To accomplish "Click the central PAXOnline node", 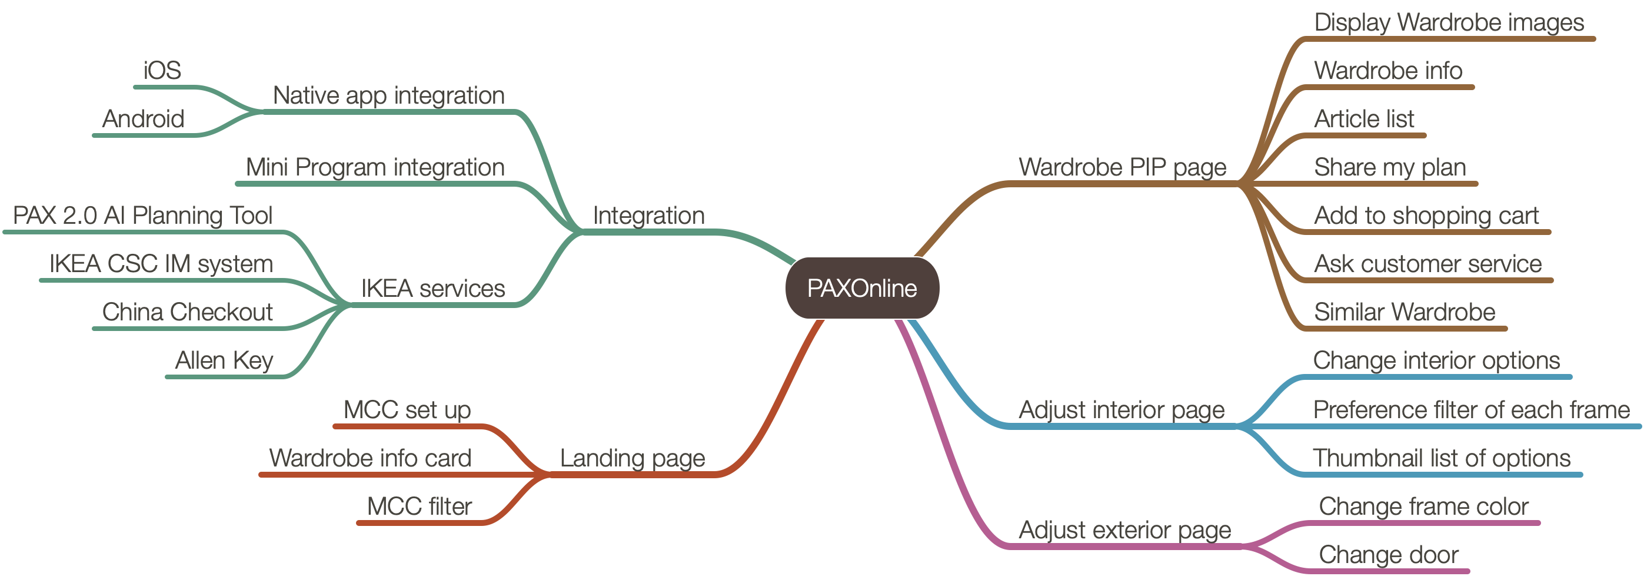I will pos(861,288).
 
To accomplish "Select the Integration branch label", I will pos(648,216).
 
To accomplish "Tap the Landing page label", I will pos(633,458).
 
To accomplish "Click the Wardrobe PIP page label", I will pos(1122,167).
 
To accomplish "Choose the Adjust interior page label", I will pos(1121,410).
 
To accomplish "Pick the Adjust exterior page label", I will pos(1124,530).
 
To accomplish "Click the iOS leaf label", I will pos(162,70).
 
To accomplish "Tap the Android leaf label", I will pos(144,119).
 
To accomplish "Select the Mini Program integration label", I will pos(375,167).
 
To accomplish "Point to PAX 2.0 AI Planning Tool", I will pos(143,216).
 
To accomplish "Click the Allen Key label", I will pos(224,361).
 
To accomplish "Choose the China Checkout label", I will pos(188,312).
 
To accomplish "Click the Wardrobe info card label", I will pos(370,458).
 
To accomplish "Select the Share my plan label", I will pos(1390,167).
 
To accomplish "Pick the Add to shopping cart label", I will pos(1426,216).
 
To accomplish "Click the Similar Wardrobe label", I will pos(1405,312).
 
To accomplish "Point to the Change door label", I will pos(1389,555).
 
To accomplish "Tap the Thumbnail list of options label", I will pos(1442,458).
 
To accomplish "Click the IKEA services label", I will pos(432,289).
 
